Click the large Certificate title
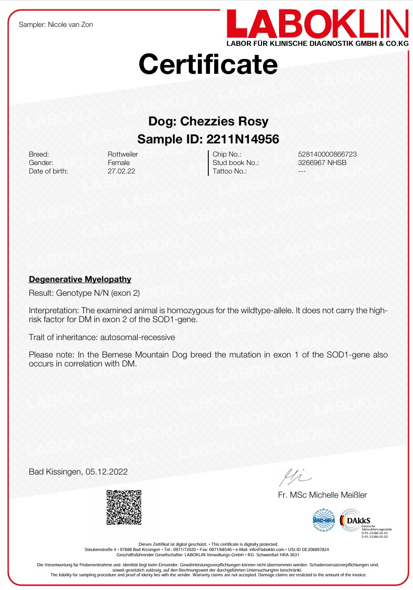click(208, 64)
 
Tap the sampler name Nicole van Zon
click(70, 25)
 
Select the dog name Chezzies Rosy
click(224, 121)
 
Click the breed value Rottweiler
click(122, 154)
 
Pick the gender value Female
click(118, 163)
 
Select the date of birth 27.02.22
click(121, 171)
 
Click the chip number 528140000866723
click(327, 154)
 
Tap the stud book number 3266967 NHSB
click(322, 163)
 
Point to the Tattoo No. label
click(229, 171)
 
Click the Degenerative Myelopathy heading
click(80, 279)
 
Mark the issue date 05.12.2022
click(107, 472)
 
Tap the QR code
click(124, 507)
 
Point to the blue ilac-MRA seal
click(324, 520)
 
